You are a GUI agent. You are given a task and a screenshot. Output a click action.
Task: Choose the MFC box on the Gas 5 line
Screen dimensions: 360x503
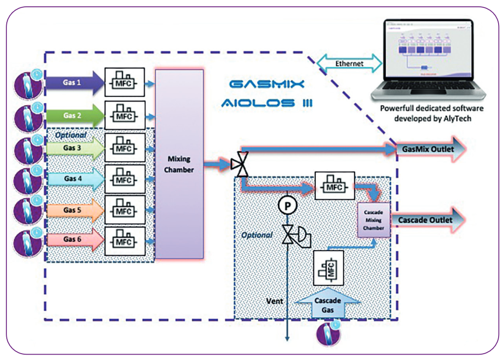click(x=125, y=210)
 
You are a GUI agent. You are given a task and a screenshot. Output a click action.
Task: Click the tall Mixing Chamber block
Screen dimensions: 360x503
click(x=179, y=164)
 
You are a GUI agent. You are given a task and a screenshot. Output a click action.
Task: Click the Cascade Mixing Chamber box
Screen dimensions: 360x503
click(x=374, y=220)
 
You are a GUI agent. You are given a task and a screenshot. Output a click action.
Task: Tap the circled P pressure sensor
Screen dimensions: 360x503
click(x=287, y=206)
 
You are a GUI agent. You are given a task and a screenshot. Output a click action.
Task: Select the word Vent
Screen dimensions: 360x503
click(x=275, y=301)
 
